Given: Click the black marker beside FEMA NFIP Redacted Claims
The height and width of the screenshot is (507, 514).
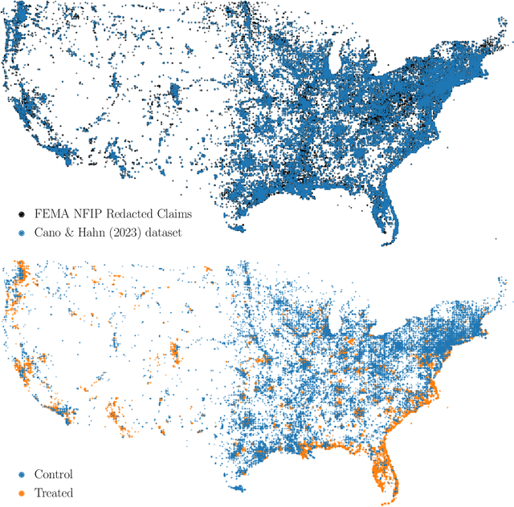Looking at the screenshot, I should coord(21,215).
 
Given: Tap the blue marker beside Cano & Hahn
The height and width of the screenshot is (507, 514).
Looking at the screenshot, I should coord(21,232).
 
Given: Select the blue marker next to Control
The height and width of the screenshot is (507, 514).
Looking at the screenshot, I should coord(21,475).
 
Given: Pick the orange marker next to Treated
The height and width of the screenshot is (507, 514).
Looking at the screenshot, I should coord(21,493).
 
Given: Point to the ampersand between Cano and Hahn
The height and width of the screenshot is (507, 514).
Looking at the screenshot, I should coord(71,232).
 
